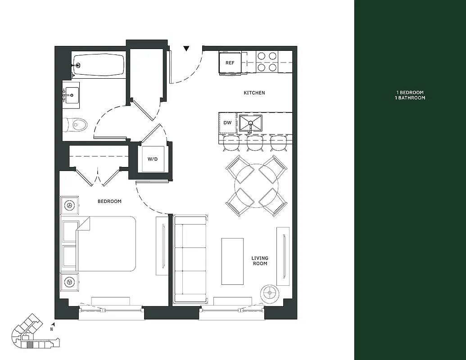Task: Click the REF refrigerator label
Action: [230, 63]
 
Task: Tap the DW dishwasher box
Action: [227, 122]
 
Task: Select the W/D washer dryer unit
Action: [153, 159]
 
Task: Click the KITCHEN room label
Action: [254, 93]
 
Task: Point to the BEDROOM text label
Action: [109, 201]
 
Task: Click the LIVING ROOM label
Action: [260, 261]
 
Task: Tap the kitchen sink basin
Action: [250, 122]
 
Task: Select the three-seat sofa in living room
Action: [190, 259]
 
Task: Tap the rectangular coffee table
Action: [232, 261]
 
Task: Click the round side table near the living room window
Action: [270, 293]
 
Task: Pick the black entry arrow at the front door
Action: [186, 49]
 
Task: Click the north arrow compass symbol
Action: [53, 324]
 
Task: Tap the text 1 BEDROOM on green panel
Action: [407, 92]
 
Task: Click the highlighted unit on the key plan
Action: [30, 345]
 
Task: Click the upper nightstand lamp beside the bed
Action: [70, 205]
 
